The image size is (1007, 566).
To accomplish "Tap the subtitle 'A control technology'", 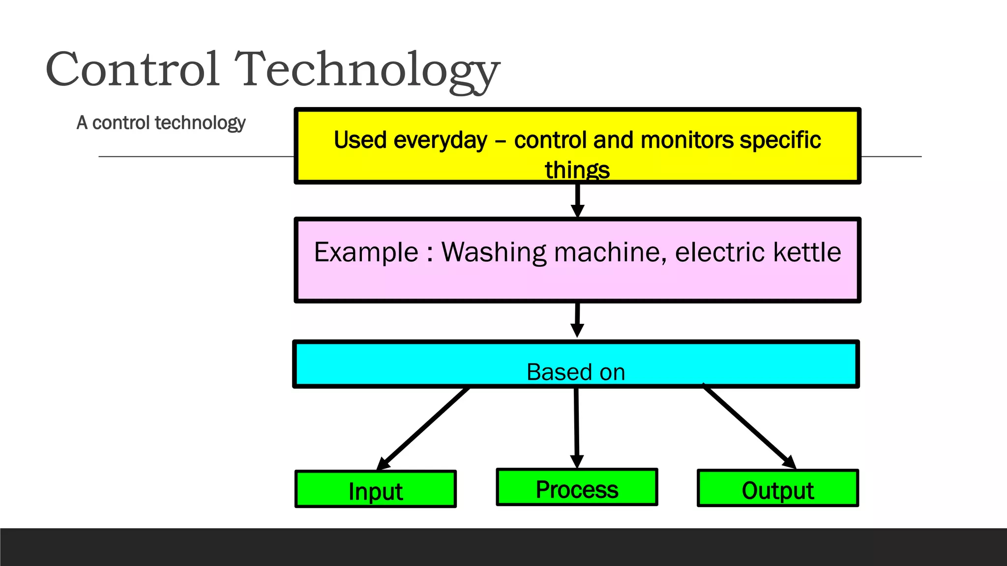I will point(161,123).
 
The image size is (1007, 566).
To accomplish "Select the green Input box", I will point(376,489).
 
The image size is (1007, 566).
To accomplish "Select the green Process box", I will point(577,487).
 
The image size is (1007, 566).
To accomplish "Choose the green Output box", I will point(777,488).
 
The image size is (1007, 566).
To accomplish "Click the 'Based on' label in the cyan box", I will point(576,372).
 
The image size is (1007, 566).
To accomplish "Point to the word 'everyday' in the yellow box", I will point(440,141).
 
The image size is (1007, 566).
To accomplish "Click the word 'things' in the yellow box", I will point(577,170).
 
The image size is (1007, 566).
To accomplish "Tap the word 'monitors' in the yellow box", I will point(687,140).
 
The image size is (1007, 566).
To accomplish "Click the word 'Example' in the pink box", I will point(366,253).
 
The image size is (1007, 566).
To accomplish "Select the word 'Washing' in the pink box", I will point(494,253).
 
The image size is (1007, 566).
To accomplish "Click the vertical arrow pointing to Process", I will point(576,427).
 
